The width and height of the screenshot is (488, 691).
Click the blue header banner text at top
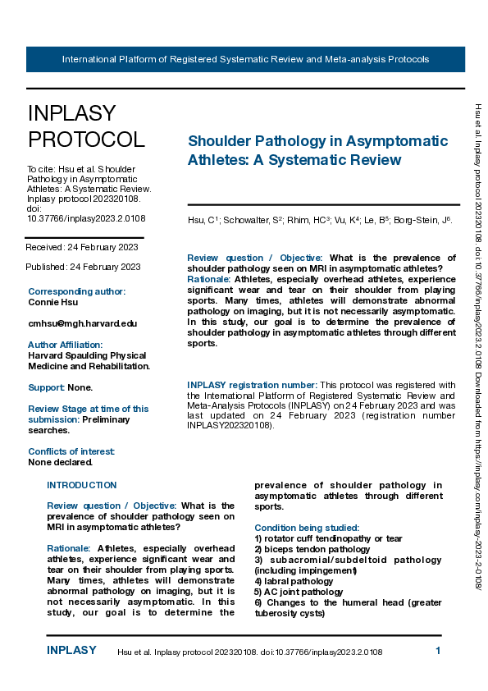pos(245,60)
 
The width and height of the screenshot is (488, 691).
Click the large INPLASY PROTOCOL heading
pos(86,126)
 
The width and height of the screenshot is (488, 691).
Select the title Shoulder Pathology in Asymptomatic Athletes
pos(318,150)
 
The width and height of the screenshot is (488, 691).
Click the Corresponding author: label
pos(77,291)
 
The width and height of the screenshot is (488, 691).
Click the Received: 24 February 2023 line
pos(82,246)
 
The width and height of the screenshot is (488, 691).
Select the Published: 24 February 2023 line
pos(84,267)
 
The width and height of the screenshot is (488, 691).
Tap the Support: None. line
pos(61,387)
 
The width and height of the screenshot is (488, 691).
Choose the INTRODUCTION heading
pos(82,485)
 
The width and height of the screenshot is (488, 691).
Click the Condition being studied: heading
pos(307,528)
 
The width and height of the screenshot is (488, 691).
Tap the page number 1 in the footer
pos(438,651)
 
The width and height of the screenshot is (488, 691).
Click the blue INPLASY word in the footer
pos(71,651)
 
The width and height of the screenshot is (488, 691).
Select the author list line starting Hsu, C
pos(321,221)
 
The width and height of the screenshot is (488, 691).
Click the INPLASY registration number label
pos(252,385)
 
